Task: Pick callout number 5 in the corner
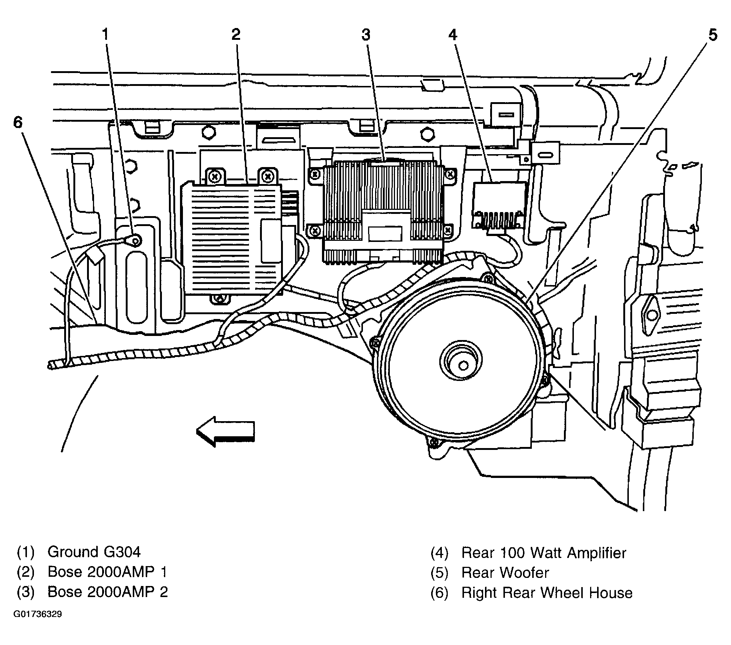point(713,35)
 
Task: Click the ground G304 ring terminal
point(135,241)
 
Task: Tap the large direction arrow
point(225,431)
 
